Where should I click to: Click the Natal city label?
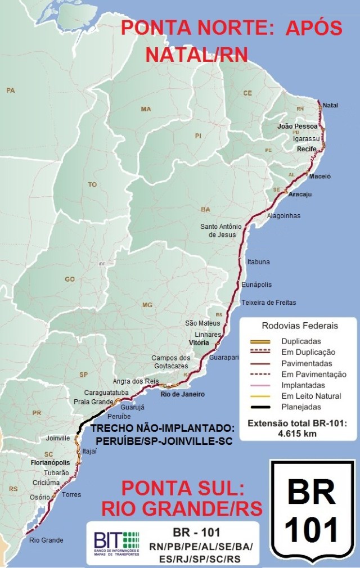click(x=330, y=105)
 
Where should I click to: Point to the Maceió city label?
click(x=319, y=176)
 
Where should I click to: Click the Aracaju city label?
click(x=300, y=195)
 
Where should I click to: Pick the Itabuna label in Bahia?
click(x=258, y=262)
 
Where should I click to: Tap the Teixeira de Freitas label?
click(x=268, y=303)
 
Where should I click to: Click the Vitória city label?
click(x=199, y=342)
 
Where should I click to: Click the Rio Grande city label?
click(x=46, y=540)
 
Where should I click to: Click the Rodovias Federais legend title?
click(x=300, y=326)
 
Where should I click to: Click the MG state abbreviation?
click(x=147, y=305)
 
